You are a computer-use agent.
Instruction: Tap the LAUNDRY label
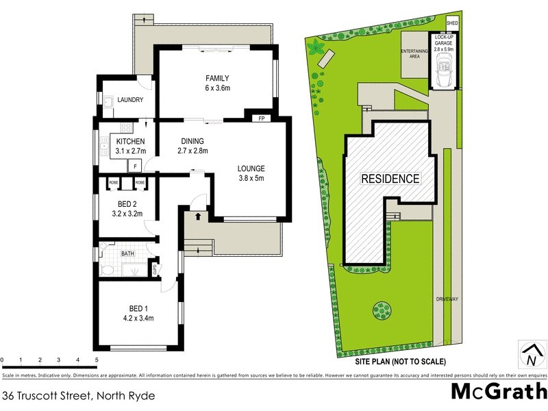tap(130, 100)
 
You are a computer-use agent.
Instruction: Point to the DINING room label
tap(192, 146)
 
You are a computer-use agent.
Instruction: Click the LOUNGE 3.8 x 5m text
tap(251, 173)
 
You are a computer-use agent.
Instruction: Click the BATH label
tap(128, 254)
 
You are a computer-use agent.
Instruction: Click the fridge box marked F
tap(136, 166)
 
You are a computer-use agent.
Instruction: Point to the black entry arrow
tap(198, 217)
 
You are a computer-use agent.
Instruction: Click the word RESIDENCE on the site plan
tap(390, 179)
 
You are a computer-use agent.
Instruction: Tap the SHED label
tap(451, 23)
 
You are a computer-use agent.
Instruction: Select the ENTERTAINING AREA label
tap(414, 53)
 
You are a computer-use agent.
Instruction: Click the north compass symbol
tap(530, 355)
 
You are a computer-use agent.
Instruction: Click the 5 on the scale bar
tap(97, 360)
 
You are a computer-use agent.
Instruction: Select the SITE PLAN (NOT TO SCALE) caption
tap(400, 362)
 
